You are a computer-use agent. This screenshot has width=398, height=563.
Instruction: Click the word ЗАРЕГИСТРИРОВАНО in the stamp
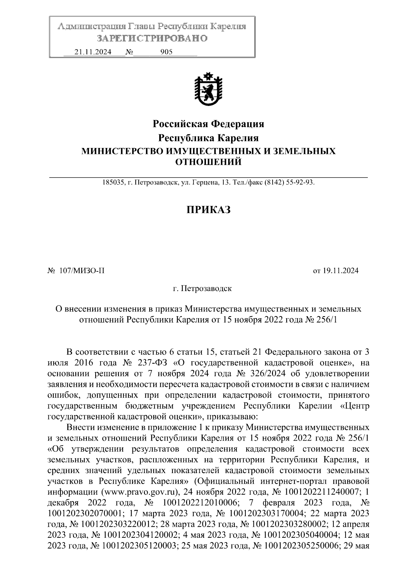click(152, 38)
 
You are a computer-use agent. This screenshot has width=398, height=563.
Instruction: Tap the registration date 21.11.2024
click(93, 52)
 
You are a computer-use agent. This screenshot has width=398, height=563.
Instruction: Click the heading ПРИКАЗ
click(208, 210)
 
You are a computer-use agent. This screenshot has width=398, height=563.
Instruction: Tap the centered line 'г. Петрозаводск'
click(202, 288)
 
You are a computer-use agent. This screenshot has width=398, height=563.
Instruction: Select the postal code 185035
click(113, 182)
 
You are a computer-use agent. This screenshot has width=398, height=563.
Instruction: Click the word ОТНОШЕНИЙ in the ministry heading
click(208, 162)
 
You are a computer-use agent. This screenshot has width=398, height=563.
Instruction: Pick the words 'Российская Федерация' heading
click(208, 124)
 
